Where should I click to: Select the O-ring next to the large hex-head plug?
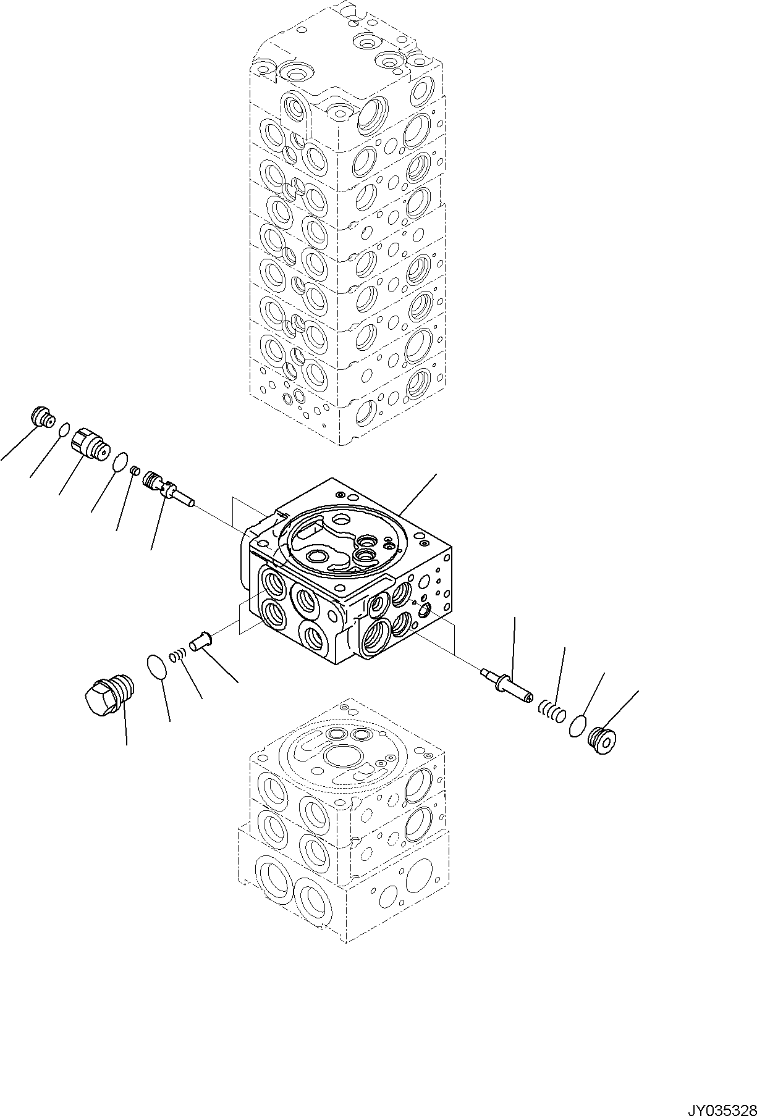(158, 668)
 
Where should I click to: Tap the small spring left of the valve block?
(178, 655)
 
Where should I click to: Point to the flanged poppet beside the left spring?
(200, 640)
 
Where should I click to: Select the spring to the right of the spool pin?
(551, 711)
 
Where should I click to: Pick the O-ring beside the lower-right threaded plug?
(577, 725)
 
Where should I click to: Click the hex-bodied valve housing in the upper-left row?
(88, 443)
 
